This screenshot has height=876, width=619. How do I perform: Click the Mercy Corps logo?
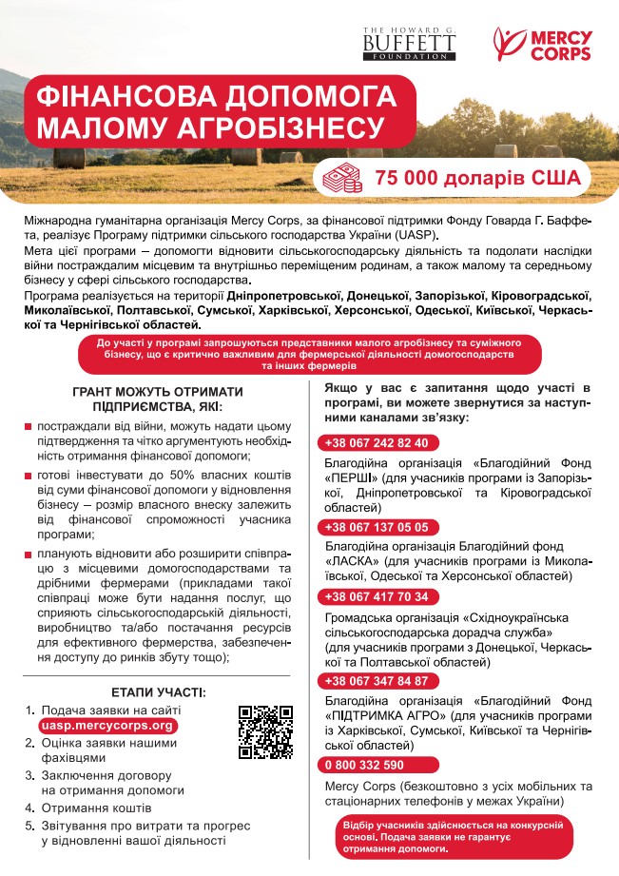coord(543,44)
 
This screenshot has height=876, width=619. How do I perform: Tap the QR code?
coord(265,731)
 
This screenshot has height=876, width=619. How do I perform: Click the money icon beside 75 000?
coord(342,177)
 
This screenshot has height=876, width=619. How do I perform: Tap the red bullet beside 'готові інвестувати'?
coord(29,473)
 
